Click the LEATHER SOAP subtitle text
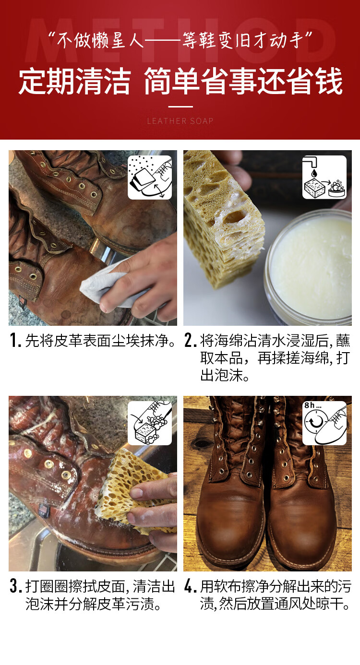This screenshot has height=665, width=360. [180, 121]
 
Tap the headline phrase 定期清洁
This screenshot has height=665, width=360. [74, 81]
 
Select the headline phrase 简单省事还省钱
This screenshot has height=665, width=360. [243, 81]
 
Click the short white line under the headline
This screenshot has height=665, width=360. [180, 107]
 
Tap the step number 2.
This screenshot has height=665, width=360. [191, 341]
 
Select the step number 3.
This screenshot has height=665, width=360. [15, 586]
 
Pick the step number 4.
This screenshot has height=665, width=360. [191, 586]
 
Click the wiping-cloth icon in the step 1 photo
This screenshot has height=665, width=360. [150, 177]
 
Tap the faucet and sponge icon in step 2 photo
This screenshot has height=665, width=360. [324, 177]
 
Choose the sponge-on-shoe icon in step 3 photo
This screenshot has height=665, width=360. [150, 423]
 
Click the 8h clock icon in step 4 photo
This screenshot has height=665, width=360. [324, 423]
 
